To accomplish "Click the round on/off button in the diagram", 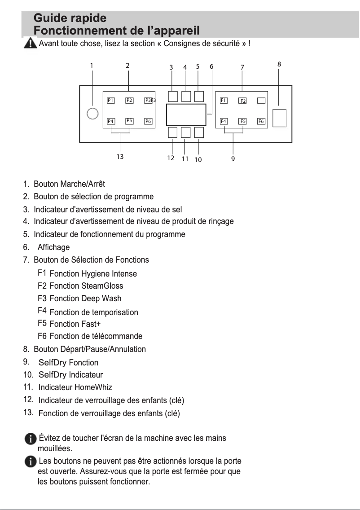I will tap(92, 114).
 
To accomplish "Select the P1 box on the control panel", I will tap(110, 100).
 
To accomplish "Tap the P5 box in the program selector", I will tap(129, 121).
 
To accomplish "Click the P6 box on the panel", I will tap(148, 121).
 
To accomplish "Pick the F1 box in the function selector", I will tap(224, 100).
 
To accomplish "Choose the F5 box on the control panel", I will tap(242, 121).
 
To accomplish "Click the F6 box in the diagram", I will tap(261, 121).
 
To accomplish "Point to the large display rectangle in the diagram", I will tap(186, 114).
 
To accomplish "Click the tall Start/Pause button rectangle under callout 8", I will tap(279, 118).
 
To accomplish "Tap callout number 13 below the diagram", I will tap(120, 157).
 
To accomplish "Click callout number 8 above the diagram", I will tap(279, 64).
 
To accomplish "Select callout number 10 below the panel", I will tap(198, 159).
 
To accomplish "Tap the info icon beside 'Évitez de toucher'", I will tap(31, 439).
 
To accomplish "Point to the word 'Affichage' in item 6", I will tap(53, 247).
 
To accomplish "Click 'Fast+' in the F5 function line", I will tap(91, 324).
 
